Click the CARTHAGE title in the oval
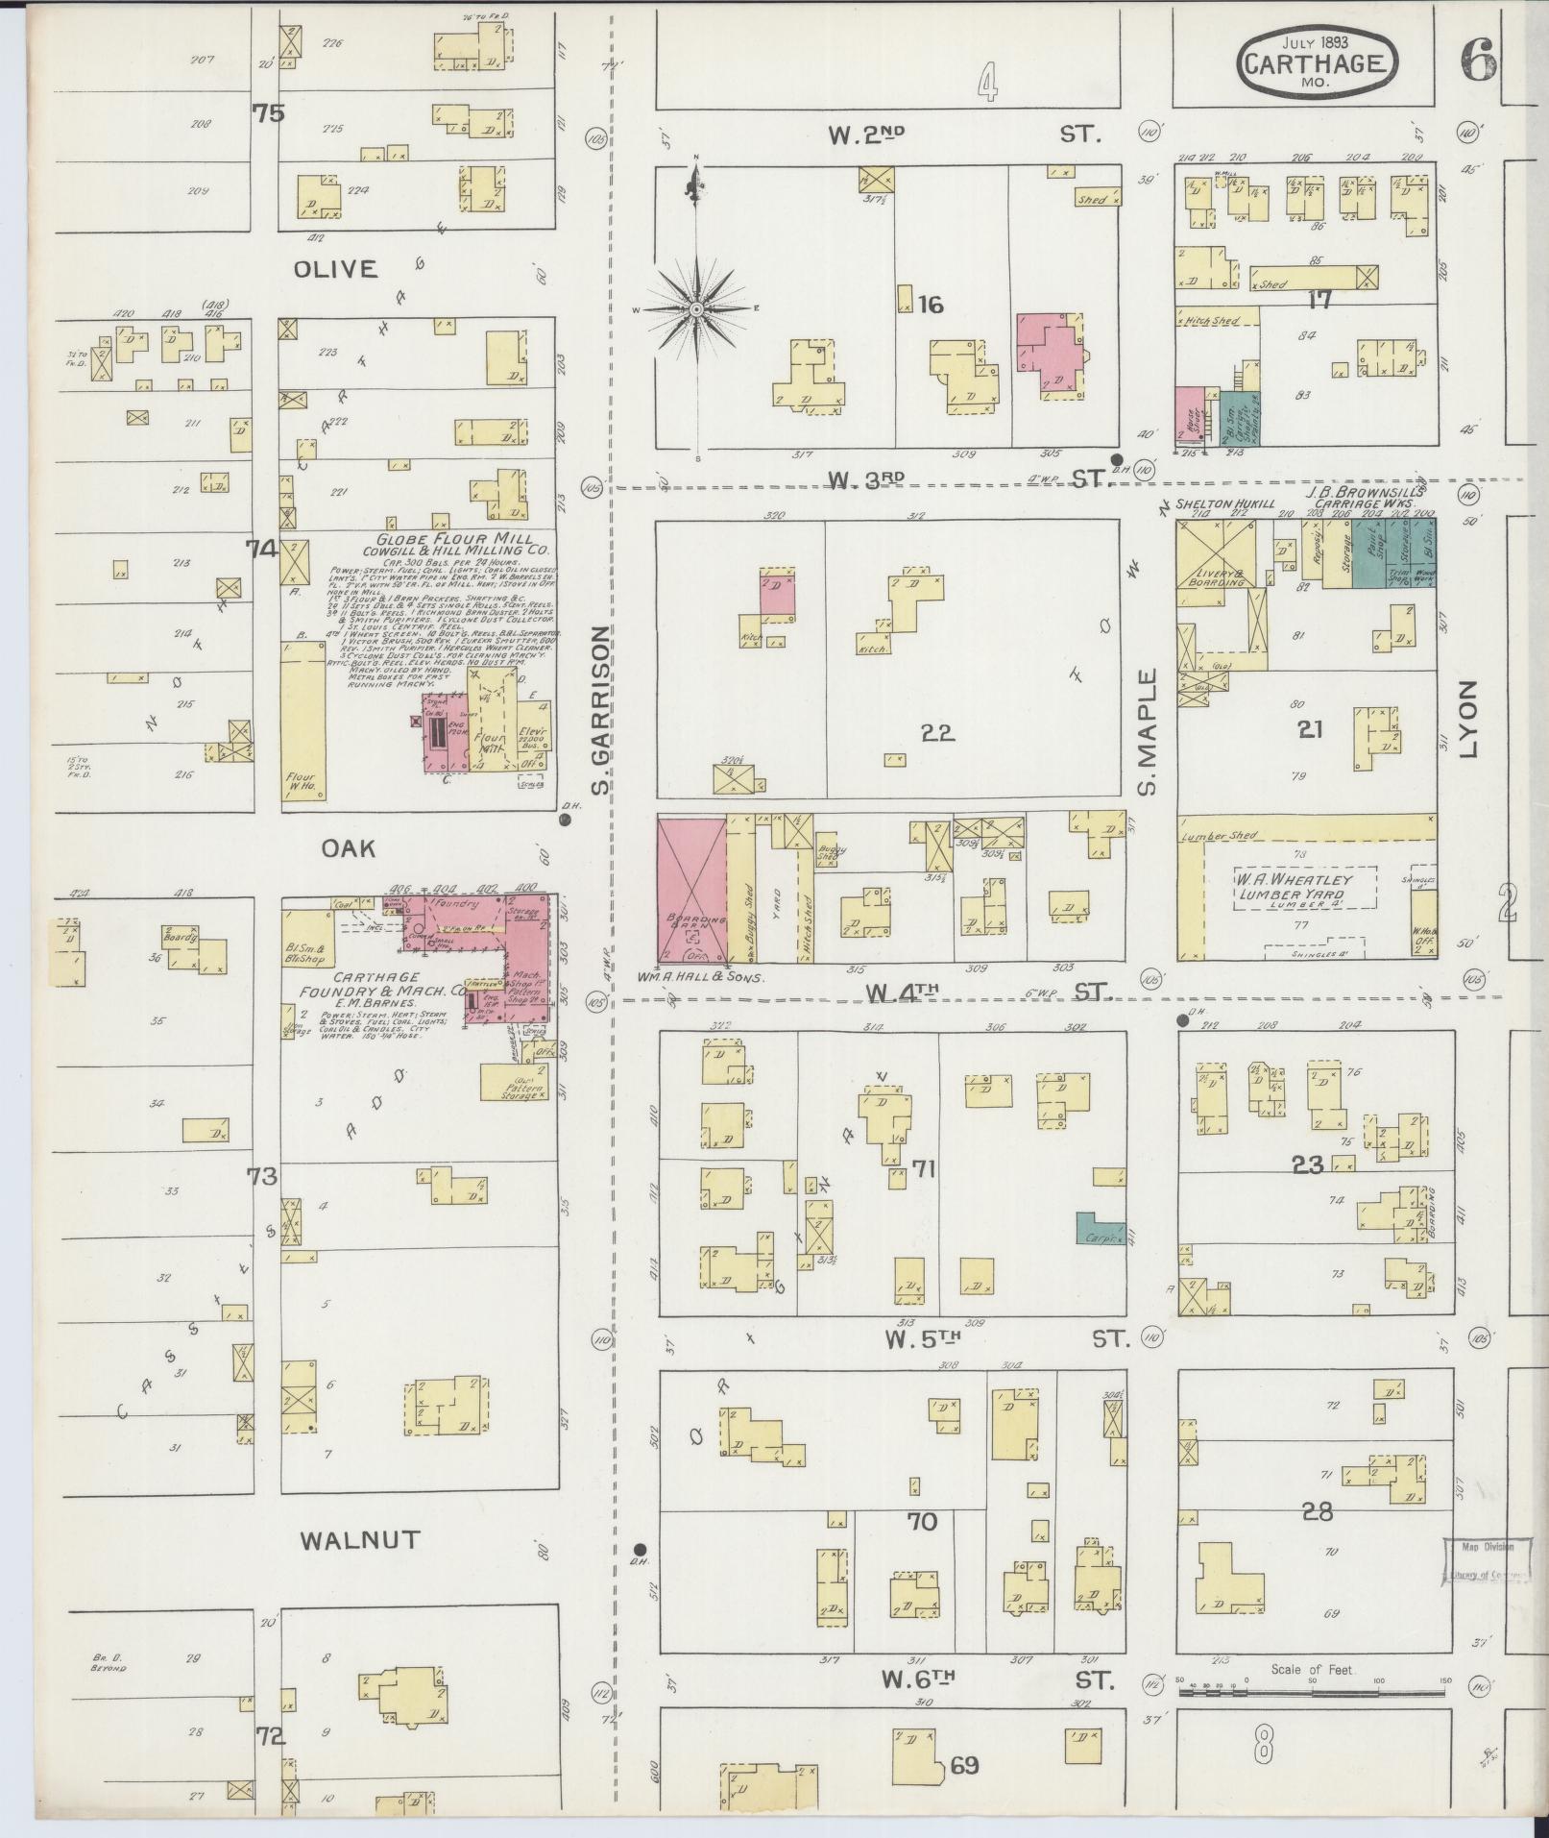pyautogui.click(x=1315, y=63)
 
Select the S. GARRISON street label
pyautogui.click(x=601, y=711)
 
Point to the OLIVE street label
pyautogui.click(x=335, y=269)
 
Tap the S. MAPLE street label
pyautogui.click(x=1147, y=733)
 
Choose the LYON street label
pyautogui.click(x=1468, y=720)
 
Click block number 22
pyautogui.click(x=936, y=733)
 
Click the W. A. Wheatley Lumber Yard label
pyautogui.click(x=1306, y=886)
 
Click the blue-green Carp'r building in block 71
pyautogui.click(x=1101, y=1228)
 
